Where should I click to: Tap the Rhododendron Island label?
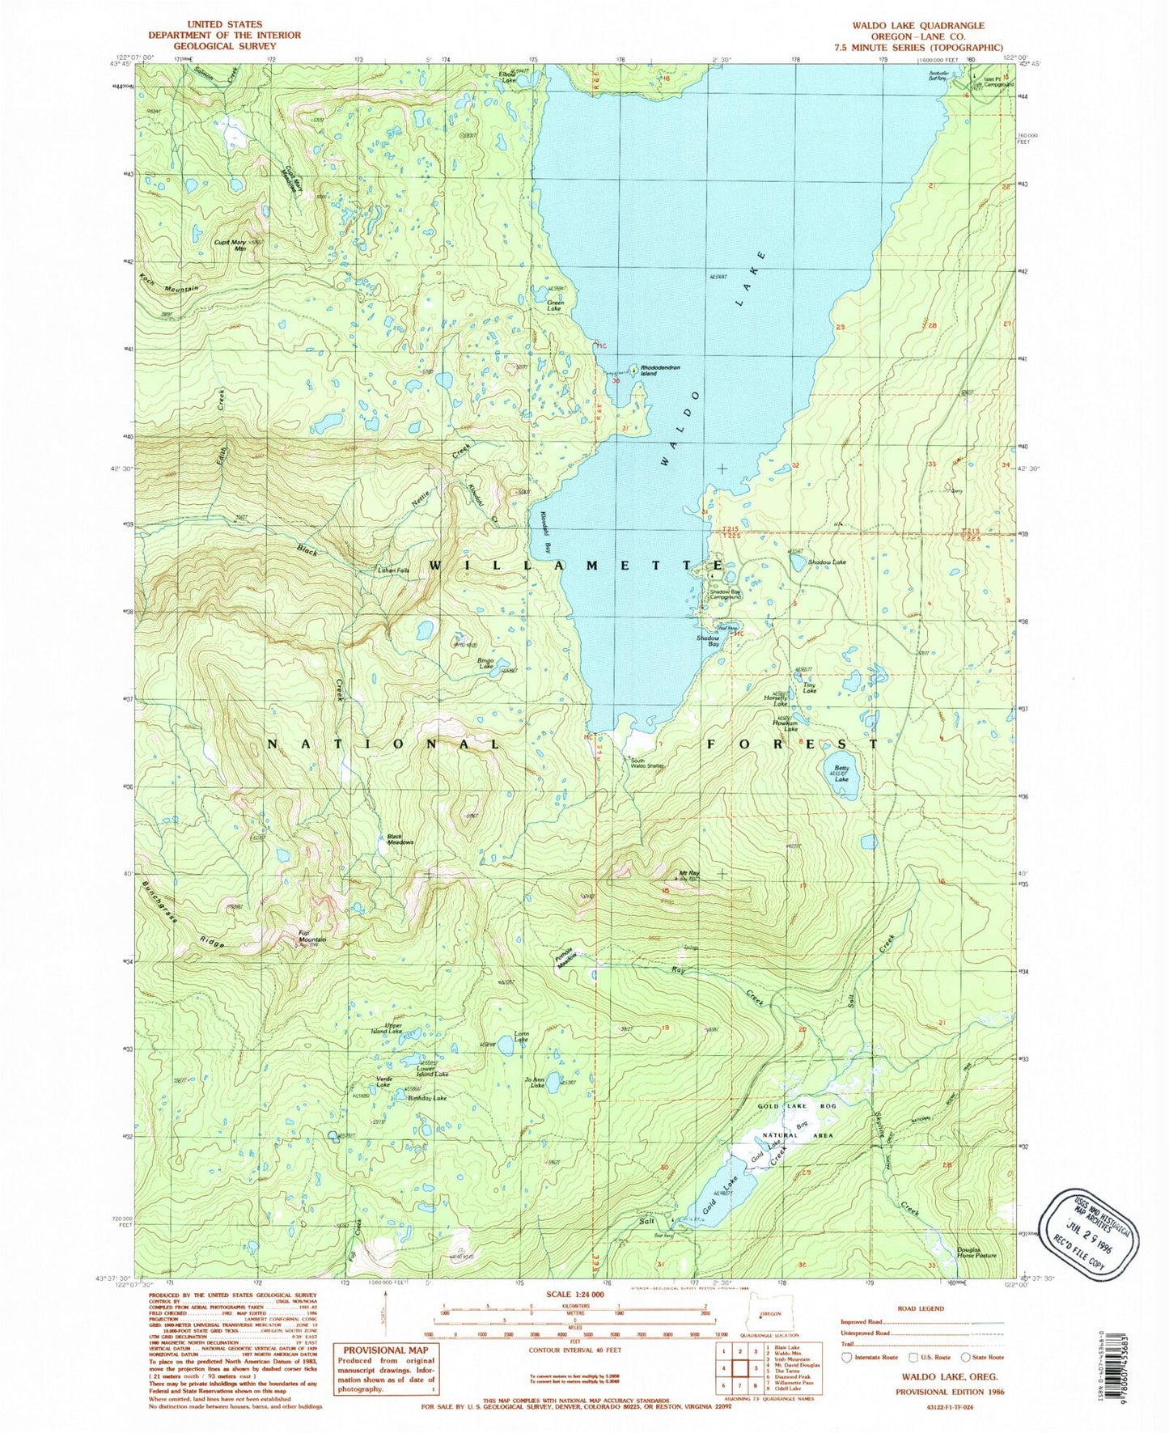click(x=660, y=371)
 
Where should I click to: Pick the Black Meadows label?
click(x=400, y=839)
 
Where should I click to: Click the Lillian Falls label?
click(x=394, y=570)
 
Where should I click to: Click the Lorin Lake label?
click(x=522, y=1037)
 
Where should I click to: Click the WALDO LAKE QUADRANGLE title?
click(x=918, y=25)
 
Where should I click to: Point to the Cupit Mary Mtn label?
click(x=231, y=245)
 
